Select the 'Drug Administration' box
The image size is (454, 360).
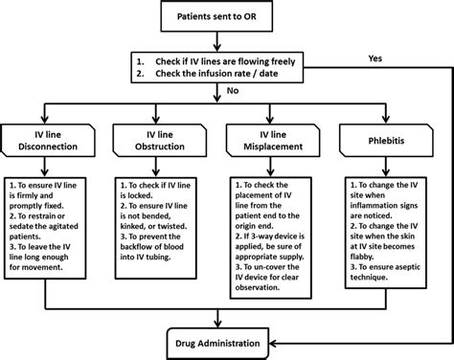pyautogui.click(x=226, y=342)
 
